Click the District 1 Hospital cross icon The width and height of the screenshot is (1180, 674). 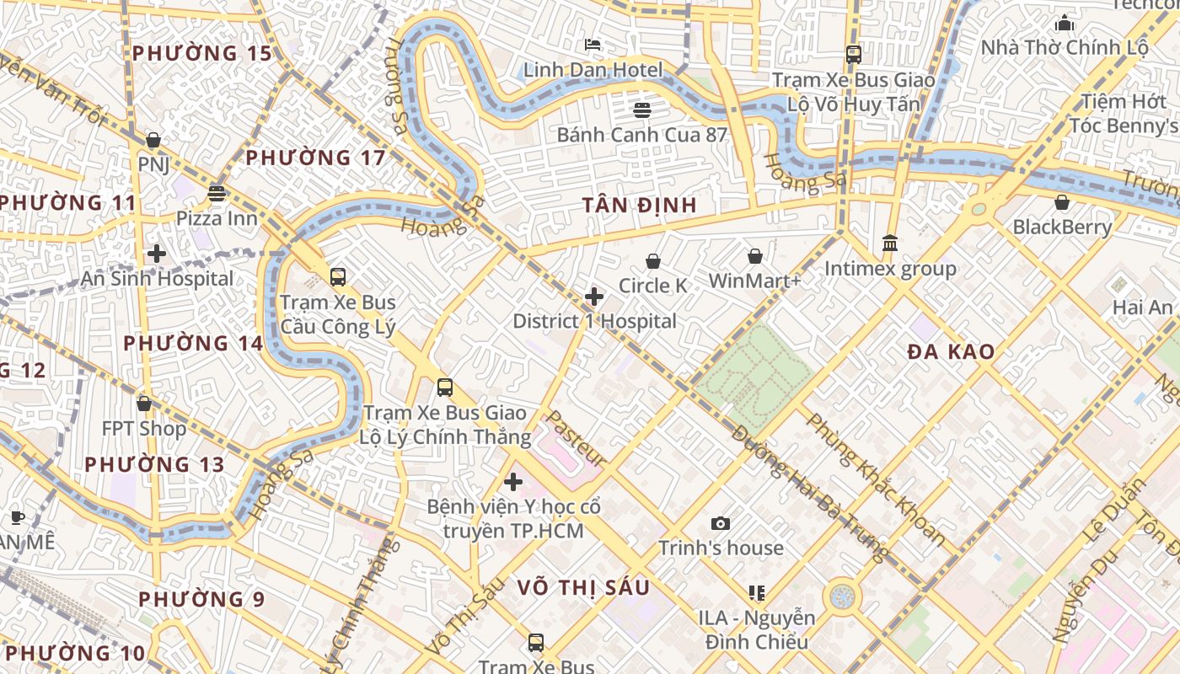click(x=594, y=297)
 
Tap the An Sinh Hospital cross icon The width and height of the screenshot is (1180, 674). click(x=156, y=254)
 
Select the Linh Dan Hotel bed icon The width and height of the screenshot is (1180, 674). click(x=593, y=44)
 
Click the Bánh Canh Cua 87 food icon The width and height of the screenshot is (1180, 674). click(x=642, y=110)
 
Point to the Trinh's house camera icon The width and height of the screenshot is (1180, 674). click(x=721, y=524)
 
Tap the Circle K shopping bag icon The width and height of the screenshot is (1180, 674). click(x=653, y=262)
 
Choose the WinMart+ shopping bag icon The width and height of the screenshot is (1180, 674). click(x=755, y=256)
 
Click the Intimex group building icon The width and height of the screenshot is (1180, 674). click(x=890, y=243)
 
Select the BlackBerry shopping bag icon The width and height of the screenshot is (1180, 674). click(x=1062, y=202)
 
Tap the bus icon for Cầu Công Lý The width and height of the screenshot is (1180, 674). click(x=338, y=276)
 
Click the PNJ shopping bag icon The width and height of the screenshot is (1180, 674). click(x=153, y=140)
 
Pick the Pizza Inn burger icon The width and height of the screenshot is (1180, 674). click(x=217, y=194)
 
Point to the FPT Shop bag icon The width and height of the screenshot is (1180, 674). click(x=144, y=404)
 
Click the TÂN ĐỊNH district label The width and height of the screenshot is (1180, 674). click(x=640, y=205)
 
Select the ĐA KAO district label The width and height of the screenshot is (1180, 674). click(x=951, y=352)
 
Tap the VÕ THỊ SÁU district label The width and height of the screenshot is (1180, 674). click(x=583, y=587)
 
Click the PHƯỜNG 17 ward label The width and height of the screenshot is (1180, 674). click(x=315, y=158)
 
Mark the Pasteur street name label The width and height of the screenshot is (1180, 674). click(x=577, y=439)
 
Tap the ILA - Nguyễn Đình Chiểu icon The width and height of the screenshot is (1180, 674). click(x=756, y=593)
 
